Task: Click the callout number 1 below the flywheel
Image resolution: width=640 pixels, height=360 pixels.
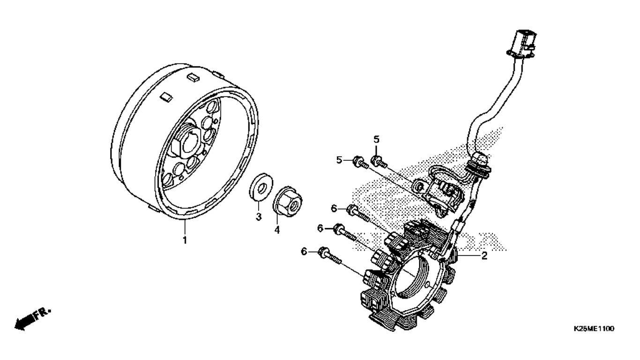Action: [x=185, y=240]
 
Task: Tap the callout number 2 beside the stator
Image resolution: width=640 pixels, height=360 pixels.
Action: [x=484, y=256]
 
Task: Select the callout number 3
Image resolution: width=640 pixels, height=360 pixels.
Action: [x=257, y=217]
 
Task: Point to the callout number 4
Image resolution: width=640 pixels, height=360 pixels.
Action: [x=277, y=230]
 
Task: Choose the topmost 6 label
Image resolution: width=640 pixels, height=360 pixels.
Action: [x=334, y=208]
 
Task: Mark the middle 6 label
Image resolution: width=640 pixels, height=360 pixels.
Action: [x=320, y=228]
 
